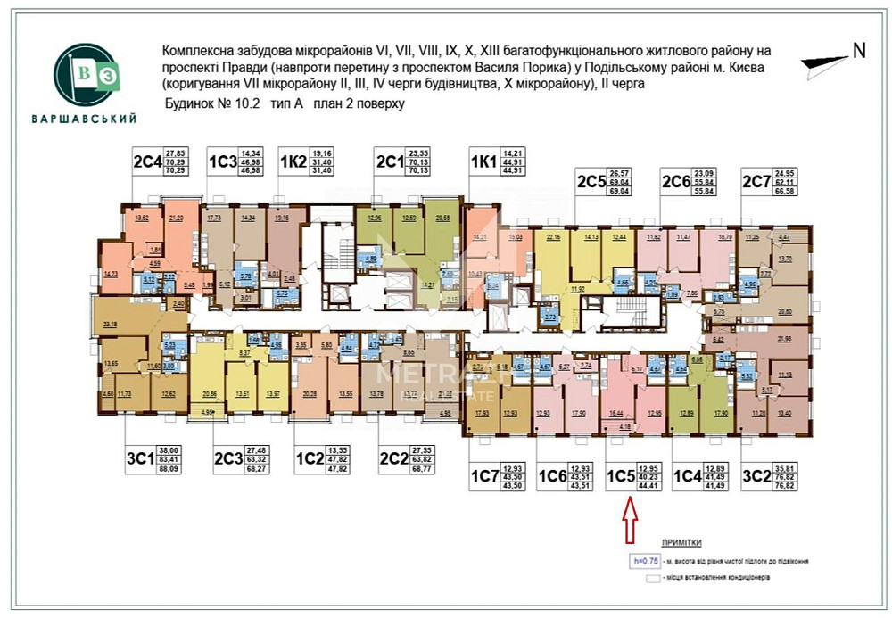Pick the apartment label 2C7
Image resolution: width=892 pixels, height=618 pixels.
click(x=756, y=183)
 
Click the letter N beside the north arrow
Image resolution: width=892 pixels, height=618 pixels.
click(x=859, y=51)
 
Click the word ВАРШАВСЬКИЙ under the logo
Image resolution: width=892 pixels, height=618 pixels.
click(x=84, y=119)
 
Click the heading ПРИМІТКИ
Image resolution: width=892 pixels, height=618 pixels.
click(x=681, y=542)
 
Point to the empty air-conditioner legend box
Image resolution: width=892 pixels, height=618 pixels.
click(x=653, y=578)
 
